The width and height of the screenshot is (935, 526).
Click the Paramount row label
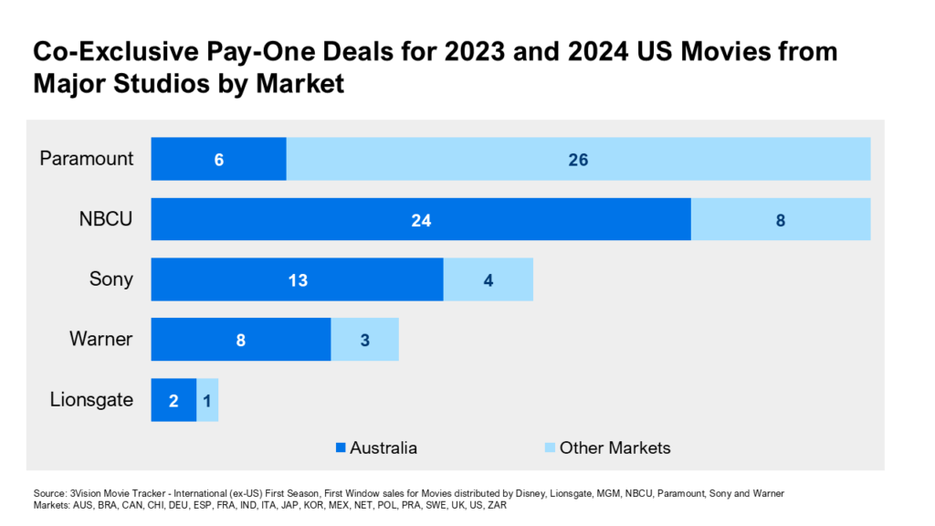pyautogui.click(x=87, y=159)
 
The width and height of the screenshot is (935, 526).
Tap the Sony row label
pyautogui.click(x=110, y=279)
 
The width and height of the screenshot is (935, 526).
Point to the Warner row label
pyautogui.click(x=100, y=340)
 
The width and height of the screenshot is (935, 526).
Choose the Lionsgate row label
pyautogui.click(x=91, y=400)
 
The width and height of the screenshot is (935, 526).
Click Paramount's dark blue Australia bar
pyautogui.click(x=218, y=159)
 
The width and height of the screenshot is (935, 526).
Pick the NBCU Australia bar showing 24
pyautogui.click(x=420, y=219)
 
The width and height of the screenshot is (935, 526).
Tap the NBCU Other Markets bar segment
pyautogui.click(x=780, y=219)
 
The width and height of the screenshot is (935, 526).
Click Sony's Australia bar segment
pyautogui.click(x=297, y=279)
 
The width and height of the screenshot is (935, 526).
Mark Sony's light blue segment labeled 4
pyautogui.click(x=488, y=279)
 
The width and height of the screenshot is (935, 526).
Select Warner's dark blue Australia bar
pyautogui.click(x=240, y=340)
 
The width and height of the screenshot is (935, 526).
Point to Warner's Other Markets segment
pyautogui.click(x=364, y=340)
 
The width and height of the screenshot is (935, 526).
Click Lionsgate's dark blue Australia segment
pyautogui.click(x=173, y=400)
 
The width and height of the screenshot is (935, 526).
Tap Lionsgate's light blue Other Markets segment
pyautogui.click(x=207, y=400)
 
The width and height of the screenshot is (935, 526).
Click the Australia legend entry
pyautogui.click(x=376, y=447)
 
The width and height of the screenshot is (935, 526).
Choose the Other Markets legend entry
pyautogui.click(x=606, y=447)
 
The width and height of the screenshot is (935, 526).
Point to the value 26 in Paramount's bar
pyautogui.click(x=578, y=160)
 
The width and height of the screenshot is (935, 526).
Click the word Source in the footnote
pyautogui.click(x=49, y=493)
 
